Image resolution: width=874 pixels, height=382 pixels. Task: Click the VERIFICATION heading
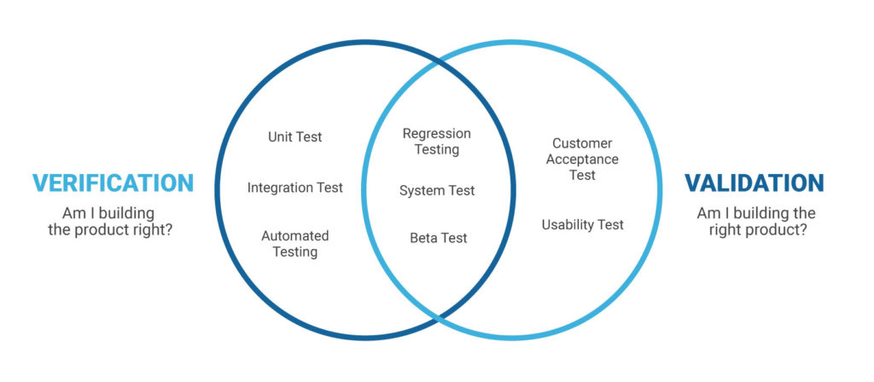[113, 183]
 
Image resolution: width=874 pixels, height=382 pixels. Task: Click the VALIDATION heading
[755, 183]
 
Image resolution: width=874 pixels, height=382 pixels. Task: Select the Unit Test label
[295, 136]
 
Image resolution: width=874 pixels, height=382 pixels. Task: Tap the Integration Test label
[295, 188]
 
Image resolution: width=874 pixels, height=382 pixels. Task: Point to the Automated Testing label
[295, 244]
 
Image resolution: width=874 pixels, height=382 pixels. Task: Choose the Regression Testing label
[437, 142]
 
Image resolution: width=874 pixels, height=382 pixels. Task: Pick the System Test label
[437, 191]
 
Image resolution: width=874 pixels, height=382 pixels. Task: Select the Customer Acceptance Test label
[585, 159]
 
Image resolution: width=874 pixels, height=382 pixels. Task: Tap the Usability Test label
[583, 225]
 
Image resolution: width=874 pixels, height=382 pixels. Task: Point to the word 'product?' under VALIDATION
[778, 229]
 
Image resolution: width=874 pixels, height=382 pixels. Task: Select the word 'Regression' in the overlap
[437, 134]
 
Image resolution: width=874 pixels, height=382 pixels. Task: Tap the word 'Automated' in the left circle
[295, 236]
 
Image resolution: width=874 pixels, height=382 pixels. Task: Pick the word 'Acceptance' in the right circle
[585, 159]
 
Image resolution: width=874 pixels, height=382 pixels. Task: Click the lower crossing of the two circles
[437, 318]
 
